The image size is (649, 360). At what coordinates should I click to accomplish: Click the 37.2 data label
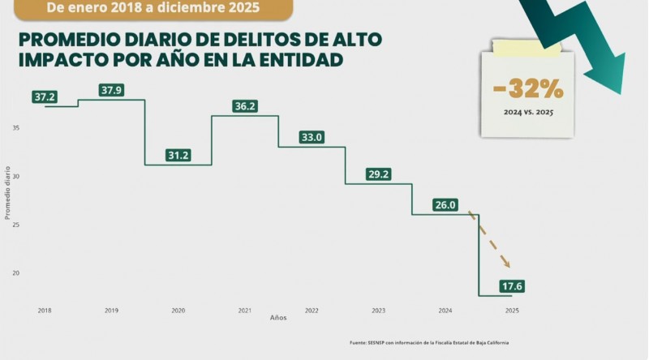tap(45, 97)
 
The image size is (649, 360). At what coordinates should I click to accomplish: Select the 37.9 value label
tap(111, 90)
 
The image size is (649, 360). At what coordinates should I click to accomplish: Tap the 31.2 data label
tap(178, 156)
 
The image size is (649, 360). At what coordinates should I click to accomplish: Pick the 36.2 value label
tap(244, 106)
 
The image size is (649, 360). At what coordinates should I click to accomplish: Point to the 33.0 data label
tap(312, 138)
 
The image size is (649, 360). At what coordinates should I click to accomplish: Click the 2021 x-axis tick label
tap(244, 311)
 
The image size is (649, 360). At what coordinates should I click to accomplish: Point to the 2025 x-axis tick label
tap(512, 311)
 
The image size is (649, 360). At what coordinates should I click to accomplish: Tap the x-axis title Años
tap(277, 318)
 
